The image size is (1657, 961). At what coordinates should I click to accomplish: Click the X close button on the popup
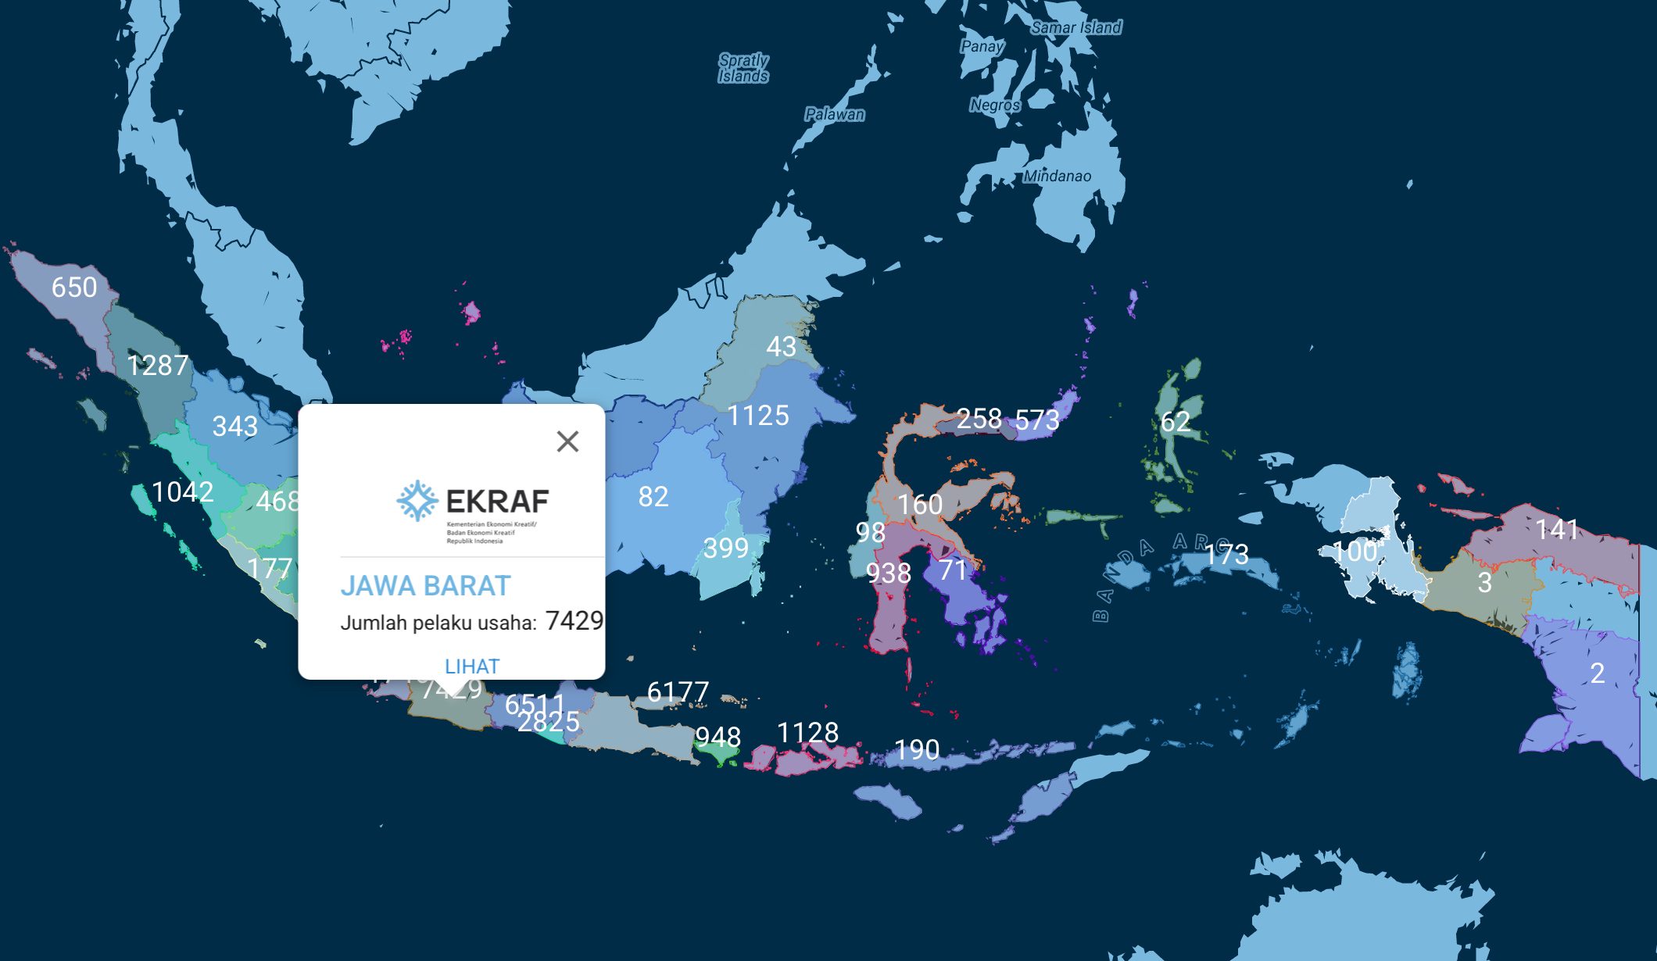coord(567,441)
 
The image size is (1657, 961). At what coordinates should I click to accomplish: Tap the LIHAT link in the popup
coord(471,666)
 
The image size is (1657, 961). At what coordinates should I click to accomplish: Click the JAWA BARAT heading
coord(425,586)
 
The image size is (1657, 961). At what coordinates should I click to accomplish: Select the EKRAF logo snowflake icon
coord(417,501)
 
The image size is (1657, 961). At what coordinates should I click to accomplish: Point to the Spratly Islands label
coord(743,68)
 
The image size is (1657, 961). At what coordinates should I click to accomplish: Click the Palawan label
coord(835,115)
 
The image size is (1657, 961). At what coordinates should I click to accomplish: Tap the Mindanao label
coord(1057,177)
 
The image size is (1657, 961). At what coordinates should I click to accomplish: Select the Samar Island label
coord(1076,28)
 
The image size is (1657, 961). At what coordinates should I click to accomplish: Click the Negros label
coord(994,105)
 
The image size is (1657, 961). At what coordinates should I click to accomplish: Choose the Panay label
coord(981,47)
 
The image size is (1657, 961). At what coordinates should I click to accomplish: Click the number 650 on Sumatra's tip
coord(74,288)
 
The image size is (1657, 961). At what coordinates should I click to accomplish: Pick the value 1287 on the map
coord(158,366)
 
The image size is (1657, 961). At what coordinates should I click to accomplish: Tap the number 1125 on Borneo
coord(758,416)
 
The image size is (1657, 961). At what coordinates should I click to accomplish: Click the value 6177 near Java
coord(678,692)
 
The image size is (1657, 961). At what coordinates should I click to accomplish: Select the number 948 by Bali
coord(718,737)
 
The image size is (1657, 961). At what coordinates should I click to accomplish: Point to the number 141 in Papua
coord(1557,530)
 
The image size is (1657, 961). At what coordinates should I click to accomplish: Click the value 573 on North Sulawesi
coord(1037,420)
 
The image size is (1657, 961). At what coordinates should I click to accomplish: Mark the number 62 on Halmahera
coord(1175,422)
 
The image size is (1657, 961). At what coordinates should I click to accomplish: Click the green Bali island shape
coord(717,756)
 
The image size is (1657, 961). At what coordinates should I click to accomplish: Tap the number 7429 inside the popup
coord(574,621)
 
